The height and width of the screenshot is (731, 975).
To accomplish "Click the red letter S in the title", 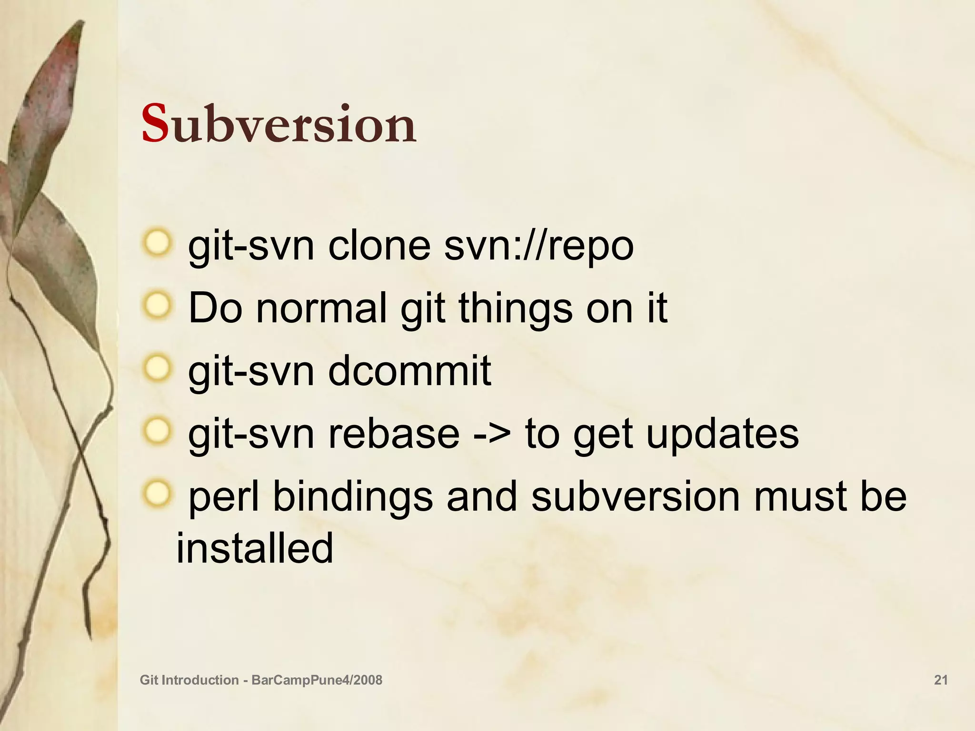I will click(155, 125).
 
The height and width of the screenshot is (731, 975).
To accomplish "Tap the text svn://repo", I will click(539, 247).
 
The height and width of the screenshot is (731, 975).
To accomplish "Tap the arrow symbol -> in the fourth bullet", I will click(492, 435).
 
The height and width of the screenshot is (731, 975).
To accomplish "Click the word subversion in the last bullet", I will click(635, 497).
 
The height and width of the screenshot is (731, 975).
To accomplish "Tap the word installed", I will click(255, 548).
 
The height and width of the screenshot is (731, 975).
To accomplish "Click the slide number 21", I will click(941, 680).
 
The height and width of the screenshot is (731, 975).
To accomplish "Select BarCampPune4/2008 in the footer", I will click(317, 680).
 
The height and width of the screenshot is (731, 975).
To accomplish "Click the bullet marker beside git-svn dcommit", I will click(156, 368).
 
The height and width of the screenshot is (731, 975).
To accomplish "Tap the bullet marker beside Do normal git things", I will click(156, 306).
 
